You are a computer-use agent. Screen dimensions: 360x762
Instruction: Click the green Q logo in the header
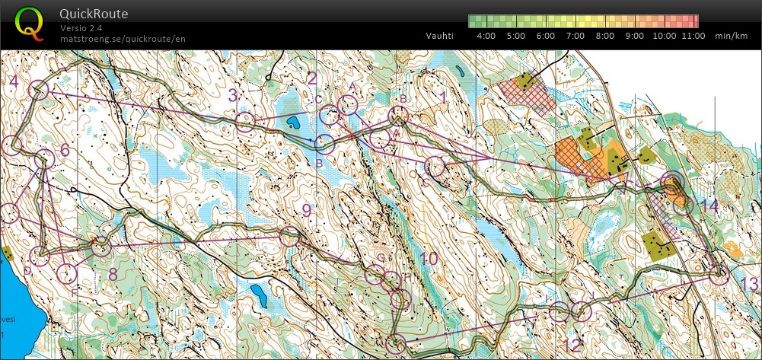29,23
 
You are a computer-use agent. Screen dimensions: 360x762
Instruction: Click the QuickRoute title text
93,14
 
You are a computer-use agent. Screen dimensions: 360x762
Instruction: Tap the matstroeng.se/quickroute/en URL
123,38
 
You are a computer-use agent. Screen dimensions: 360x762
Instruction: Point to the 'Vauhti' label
440,36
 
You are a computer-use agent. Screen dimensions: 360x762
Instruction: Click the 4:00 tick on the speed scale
486,36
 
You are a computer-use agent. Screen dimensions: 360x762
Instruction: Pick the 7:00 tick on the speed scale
575,36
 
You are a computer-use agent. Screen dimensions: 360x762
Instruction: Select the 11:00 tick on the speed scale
693,36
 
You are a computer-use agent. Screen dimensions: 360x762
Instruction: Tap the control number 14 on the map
709,206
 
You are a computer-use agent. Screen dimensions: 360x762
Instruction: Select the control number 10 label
429,259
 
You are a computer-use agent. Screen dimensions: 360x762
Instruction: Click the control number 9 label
306,210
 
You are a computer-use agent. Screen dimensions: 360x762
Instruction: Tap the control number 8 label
113,272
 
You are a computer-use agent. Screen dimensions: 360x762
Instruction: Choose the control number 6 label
64,150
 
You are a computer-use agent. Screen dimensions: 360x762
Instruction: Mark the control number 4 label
13,81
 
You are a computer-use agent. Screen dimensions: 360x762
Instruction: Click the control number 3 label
234,95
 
